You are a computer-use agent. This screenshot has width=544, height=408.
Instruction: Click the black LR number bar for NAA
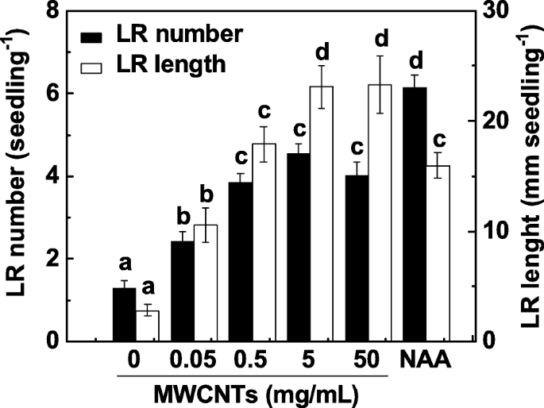click(x=415, y=214)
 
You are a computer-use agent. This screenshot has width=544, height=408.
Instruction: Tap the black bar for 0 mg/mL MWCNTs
click(x=124, y=314)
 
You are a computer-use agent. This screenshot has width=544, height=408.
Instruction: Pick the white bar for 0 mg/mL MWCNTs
click(x=147, y=325)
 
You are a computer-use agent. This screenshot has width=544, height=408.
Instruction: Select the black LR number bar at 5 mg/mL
click(x=299, y=247)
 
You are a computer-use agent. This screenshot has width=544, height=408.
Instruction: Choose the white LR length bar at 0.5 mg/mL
click(x=264, y=242)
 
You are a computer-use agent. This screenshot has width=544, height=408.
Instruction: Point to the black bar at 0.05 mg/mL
click(x=183, y=291)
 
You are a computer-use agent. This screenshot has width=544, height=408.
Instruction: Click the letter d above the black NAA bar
click(x=415, y=60)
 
